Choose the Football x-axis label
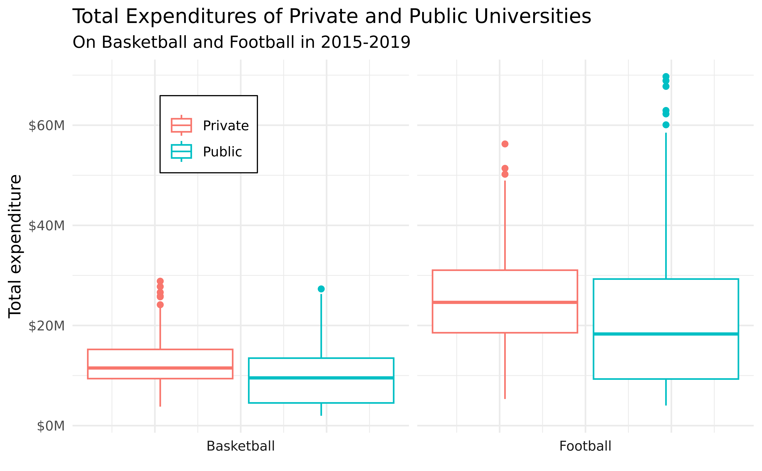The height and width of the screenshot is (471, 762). coord(585,446)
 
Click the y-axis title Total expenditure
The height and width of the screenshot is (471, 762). coord(15,246)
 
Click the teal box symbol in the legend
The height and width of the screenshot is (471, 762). coord(181,152)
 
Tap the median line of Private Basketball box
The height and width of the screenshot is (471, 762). coord(160,368)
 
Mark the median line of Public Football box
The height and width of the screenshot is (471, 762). coord(666,334)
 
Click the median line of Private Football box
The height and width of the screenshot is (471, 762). coord(505,302)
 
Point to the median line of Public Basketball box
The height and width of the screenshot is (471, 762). coord(321,378)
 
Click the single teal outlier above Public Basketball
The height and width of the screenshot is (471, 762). coord(321,289)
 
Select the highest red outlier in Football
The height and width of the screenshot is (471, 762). coord(505,144)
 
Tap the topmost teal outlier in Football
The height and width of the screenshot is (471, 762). coord(666,76)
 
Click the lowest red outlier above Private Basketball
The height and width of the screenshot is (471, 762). coord(160,305)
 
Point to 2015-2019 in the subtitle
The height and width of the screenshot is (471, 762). coord(365,42)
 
